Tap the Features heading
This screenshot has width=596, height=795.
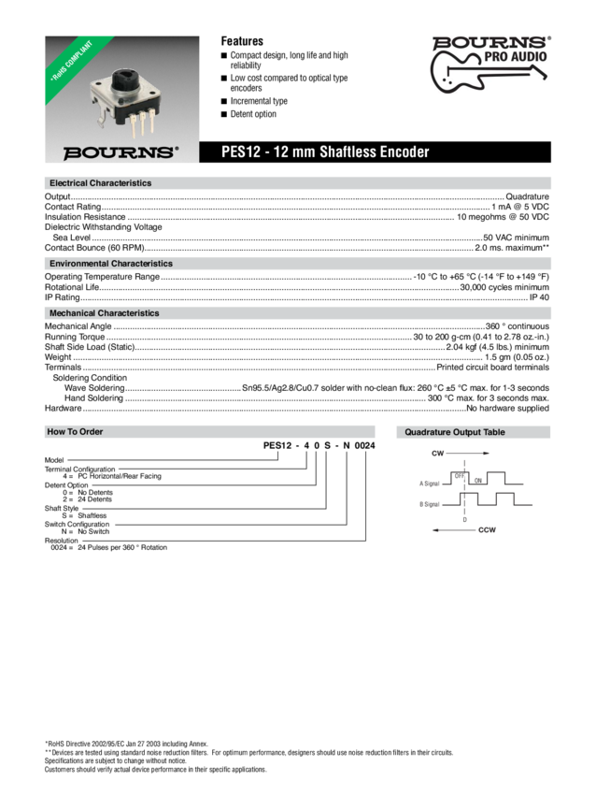[x=241, y=42]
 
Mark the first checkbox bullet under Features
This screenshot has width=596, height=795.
[x=224, y=56]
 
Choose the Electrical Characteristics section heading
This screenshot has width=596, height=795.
[x=100, y=182]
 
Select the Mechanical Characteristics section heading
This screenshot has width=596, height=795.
[x=105, y=313]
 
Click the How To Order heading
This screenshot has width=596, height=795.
[x=76, y=432]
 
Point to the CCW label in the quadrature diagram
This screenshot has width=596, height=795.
[x=487, y=529]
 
